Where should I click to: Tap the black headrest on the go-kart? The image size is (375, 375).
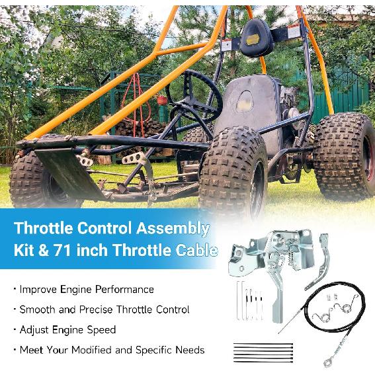[x=257, y=38]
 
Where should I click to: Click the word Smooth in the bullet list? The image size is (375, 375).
[x=37, y=310]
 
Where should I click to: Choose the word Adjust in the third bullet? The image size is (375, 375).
[x=34, y=329]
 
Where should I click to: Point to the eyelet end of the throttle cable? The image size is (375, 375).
[x=329, y=361]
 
